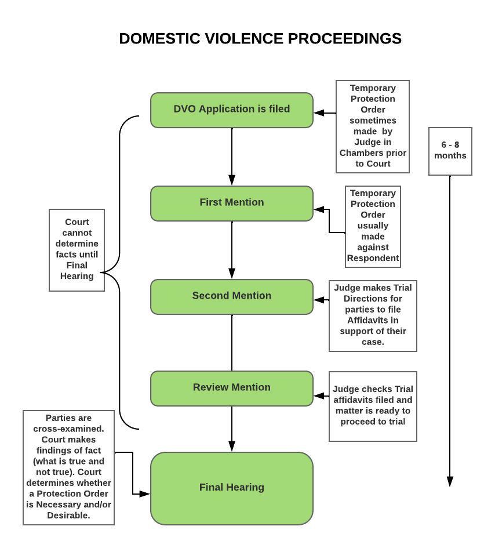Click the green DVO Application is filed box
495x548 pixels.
click(x=232, y=110)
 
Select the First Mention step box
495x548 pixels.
click(x=232, y=204)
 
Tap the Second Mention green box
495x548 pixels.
click(x=232, y=297)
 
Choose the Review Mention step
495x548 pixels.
click(x=232, y=389)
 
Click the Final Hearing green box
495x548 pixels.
click(x=232, y=488)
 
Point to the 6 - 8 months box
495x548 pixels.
click(x=450, y=151)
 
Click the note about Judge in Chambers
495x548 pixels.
click(x=373, y=126)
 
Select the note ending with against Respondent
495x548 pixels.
click(x=373, y=227)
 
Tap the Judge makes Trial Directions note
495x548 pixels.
click(x=373, y=315)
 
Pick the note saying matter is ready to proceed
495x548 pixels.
click(x=373, y=406)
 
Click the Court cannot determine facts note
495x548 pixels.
click(x=77, y=250)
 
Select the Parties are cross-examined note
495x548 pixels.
click(x=68, y=467)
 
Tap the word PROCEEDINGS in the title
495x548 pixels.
click(x=344, y=38)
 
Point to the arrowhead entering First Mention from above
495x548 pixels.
click(x=232, y=180)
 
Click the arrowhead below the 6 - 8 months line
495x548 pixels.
click(x=450, y=481)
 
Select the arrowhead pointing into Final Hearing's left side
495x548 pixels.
click(x=145, y=494)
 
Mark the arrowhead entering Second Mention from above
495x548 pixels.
click(x=232, y=273)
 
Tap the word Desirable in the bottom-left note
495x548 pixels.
click(x=68, y=515)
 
